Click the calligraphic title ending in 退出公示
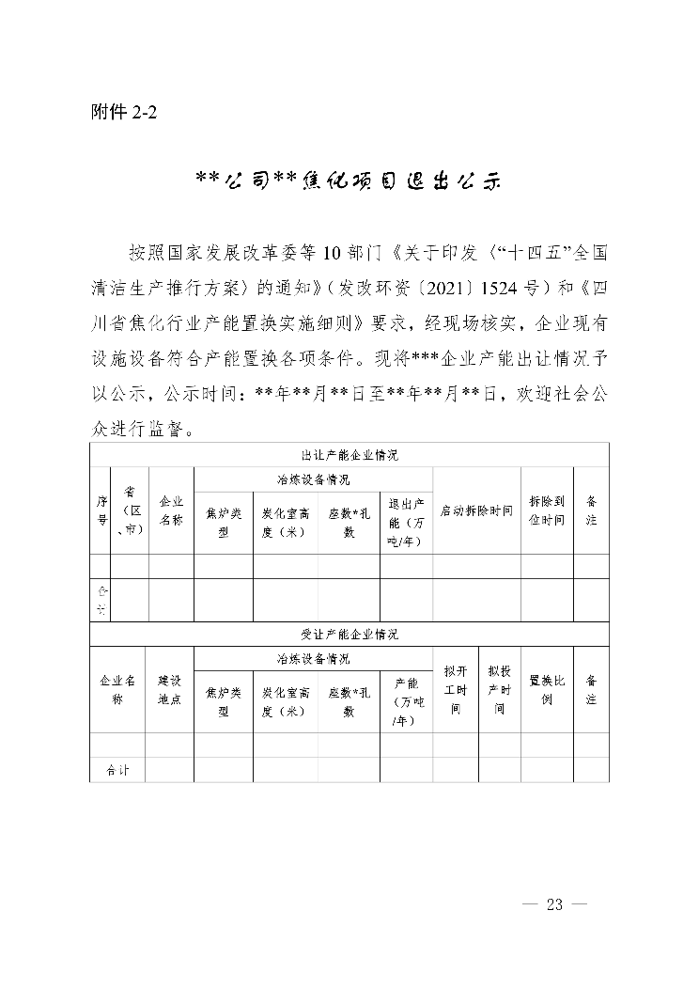tap(349, 180)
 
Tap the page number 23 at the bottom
tap(553, 904)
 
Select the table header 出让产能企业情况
tap(349, 455)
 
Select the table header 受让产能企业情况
tap(349, 635)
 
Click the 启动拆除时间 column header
tap(476, 510)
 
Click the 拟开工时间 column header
tap(455, 690)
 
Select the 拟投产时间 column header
tap(499, 690)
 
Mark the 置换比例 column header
tap(547, 690)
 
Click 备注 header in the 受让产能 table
tap(591, 690)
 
